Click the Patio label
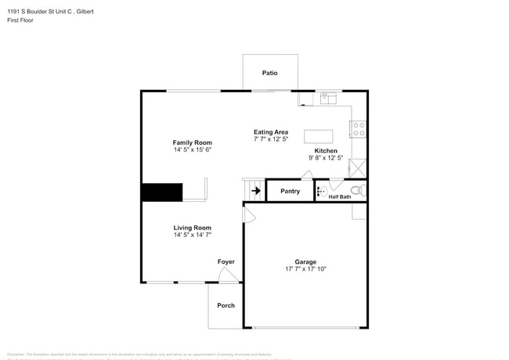click(269, 73)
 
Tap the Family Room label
click(193, 142)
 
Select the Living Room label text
click(193, 228)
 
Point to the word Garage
click(305, 261)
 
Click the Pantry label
click(290, 191)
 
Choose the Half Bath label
click(340, 196)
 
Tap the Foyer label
click(226, 261)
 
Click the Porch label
click(226, 305)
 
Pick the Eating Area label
click(271, 131)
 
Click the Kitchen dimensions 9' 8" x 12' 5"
click(326, 157)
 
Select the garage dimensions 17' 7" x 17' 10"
click(305, 268)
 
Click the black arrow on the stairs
click(256, 190)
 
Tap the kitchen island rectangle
click(318, 135)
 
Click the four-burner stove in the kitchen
click(359, 129)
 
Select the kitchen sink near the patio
click(328, 98)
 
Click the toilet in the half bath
click(356, 190)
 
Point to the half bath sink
click(320, 190)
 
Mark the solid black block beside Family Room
click(161, 193)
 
